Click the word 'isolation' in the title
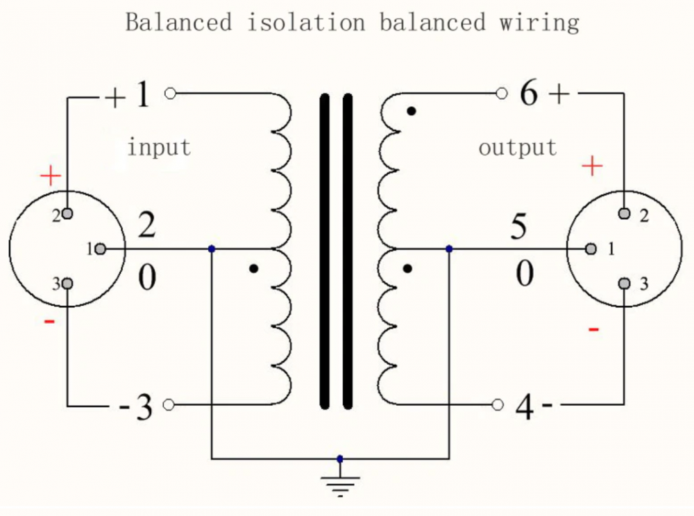point(306,22)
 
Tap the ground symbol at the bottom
point(339,485)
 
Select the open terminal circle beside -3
point(168,405)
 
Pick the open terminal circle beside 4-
point(498,405)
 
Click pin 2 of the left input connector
point(67,214)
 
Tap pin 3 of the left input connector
point(67,283)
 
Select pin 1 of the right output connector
point(591,249)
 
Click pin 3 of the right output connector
point(625,283)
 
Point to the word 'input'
point(159,147)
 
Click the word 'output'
point(518,147)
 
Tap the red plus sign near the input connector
point(51,176)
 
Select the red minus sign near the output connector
point(593,328)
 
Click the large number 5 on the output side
point(519,228)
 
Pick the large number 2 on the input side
point(146,227)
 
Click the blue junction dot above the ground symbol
point(339,458)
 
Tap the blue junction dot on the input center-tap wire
point(212,249)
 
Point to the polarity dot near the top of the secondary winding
point(412,110)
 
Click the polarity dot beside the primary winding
point(254,268)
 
